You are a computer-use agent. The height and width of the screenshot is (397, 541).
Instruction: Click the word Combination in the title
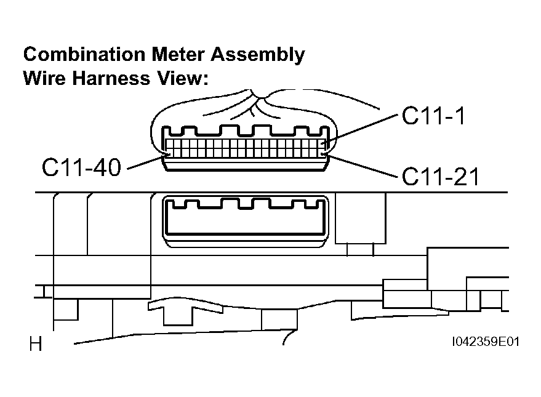(x=84, y=55)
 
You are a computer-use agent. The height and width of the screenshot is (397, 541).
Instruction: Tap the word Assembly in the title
(x=258, y=55)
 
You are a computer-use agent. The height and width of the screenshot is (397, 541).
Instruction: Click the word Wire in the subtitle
(x=44, y=78)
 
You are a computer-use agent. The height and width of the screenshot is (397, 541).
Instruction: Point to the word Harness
(x=111, y=78)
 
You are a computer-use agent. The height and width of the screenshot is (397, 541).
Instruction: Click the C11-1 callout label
(x=434, y=116)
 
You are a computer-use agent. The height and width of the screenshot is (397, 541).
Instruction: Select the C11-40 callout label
(x=81, y=167)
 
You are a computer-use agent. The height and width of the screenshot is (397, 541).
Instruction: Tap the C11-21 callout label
(x=441, y=177)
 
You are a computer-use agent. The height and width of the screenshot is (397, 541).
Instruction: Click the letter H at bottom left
(x=36, y=344)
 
